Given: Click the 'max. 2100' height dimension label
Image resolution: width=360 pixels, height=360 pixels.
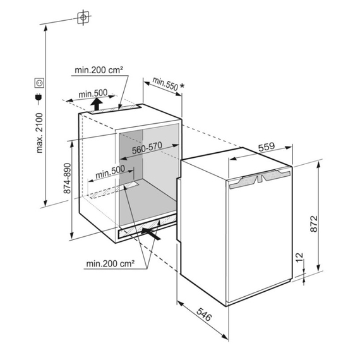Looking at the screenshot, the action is [40, 133].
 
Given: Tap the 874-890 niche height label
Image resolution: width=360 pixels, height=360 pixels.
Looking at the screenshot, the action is [67, 178].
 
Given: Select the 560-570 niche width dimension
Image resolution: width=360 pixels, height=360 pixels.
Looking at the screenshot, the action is [147, 148].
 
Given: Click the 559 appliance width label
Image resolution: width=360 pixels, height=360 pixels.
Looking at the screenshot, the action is [267, 147].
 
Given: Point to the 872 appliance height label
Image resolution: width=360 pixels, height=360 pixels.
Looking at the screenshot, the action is [314, 224].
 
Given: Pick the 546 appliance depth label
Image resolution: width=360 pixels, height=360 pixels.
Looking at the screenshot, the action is [203, 315].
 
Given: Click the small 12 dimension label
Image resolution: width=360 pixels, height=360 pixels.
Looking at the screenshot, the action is [299, 258].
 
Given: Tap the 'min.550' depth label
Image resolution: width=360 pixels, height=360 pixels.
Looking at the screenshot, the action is [165, 84].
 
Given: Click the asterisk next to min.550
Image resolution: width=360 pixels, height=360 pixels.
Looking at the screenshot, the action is [182, 86].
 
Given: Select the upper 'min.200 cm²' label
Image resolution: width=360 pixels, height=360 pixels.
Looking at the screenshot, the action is [99, 70].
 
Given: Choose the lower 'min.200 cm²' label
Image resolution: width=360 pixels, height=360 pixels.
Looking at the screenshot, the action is [110, 263].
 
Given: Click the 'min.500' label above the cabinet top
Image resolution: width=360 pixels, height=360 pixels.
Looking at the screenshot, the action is [93, 93].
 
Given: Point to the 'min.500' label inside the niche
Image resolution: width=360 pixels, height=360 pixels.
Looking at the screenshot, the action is [110, 172].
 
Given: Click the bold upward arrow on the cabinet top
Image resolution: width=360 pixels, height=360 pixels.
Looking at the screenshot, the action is [97, 104].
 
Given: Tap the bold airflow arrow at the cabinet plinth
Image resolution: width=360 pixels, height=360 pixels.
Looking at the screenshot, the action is [151, 233].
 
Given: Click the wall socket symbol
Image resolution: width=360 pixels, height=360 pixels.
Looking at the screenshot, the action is [40, 83].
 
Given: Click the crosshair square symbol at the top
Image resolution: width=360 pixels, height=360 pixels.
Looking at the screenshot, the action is [83, 18].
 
